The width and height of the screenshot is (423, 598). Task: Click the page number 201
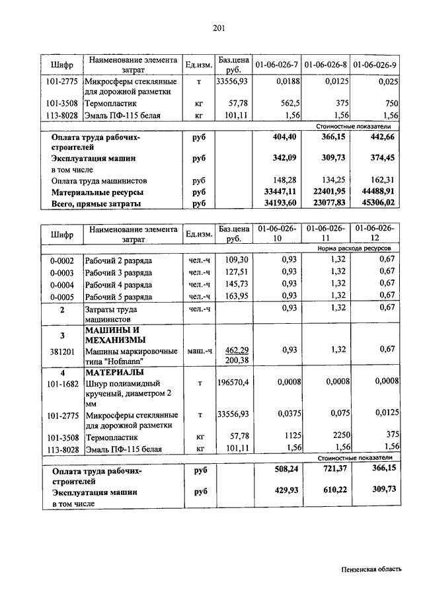[x=219, y=27]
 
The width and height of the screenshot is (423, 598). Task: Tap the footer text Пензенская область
[x=371, y=570]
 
